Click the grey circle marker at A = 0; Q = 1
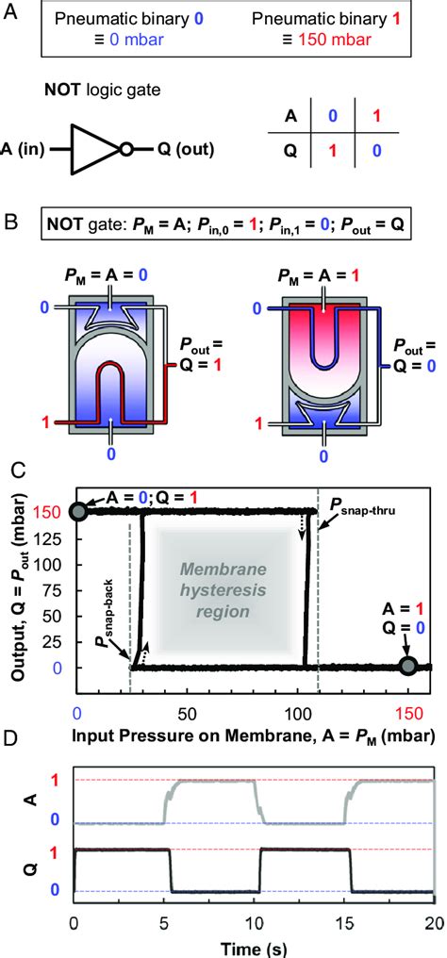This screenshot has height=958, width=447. click(79, 511)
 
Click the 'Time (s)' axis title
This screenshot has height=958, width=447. click(252, 946)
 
